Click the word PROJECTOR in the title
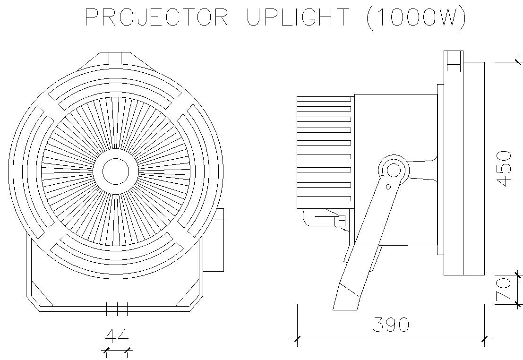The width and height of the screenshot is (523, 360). [x=156, y=18]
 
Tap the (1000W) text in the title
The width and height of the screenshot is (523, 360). [x=416, y=18]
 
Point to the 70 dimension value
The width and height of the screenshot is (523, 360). [x=505, y=290]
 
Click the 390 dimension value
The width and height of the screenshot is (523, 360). [x=391, y=325]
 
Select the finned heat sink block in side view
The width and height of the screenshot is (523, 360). [x=325, y=152]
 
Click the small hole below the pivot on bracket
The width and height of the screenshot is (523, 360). [x=388, y=187]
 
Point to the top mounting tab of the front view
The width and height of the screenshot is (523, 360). [x=115, y=58]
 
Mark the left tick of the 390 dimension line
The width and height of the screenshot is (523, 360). [x=297, y=339]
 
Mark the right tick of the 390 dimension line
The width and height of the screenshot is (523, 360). [x=485, y=339]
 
